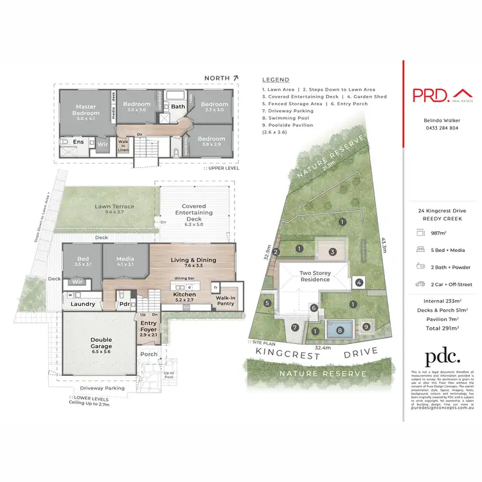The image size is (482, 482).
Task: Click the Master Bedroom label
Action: click(85, 111)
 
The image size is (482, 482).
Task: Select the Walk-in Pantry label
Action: click(225, 300)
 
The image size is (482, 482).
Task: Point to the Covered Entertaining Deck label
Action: click(193, 213)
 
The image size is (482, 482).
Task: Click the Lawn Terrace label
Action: click(114, 207)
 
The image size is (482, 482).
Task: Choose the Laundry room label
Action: click(84, 304)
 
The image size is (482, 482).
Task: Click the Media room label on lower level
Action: click(126, 261)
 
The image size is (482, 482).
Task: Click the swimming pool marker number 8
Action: click(340, 331)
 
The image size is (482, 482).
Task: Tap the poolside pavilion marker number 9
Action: click(366, 327)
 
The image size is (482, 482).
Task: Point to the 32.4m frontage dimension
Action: click(323, 347)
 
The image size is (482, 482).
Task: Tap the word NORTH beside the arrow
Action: click(217, 78)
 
